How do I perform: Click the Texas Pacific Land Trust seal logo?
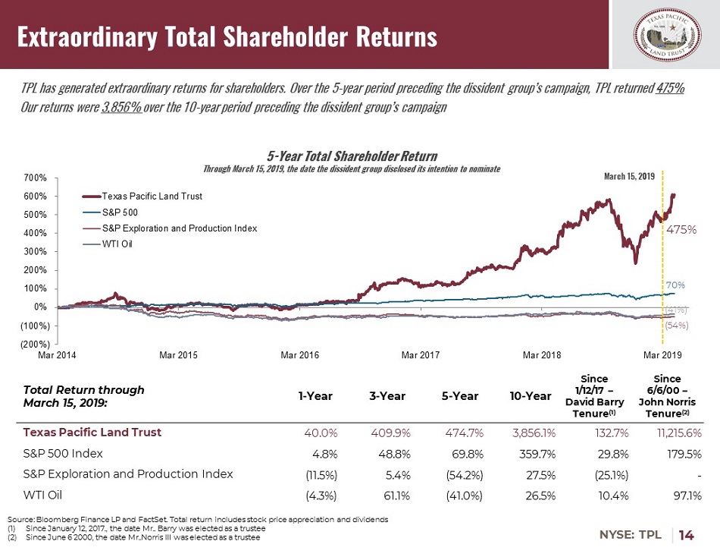(667, 36)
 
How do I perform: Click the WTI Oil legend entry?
(117, 244)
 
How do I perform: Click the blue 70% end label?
(676, 285)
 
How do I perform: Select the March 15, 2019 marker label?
(628, 177)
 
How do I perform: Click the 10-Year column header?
(531, 395)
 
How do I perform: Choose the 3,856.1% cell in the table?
(529, 433)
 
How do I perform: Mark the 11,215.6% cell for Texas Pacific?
(673, 433)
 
